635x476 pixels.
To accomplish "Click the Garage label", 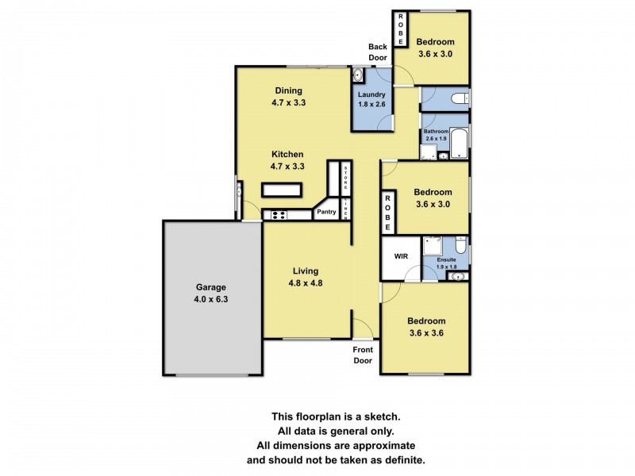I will tap(211, 287).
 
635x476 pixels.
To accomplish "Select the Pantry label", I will tap(326, 212).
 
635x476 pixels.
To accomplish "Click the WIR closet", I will tap(400, 257).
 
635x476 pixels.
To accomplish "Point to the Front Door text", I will tap(362, 355).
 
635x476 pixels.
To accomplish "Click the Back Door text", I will tap(378, 52).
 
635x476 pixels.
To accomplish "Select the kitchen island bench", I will tap(282, 189).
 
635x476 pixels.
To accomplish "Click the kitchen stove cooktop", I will tap(279, 215).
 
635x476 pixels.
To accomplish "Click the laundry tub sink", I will tap(358, 77).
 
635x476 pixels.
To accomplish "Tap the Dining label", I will tap(288, 90).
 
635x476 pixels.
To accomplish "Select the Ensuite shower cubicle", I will tap(433, 245).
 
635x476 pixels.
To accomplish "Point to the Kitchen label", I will tap(288, 154).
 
